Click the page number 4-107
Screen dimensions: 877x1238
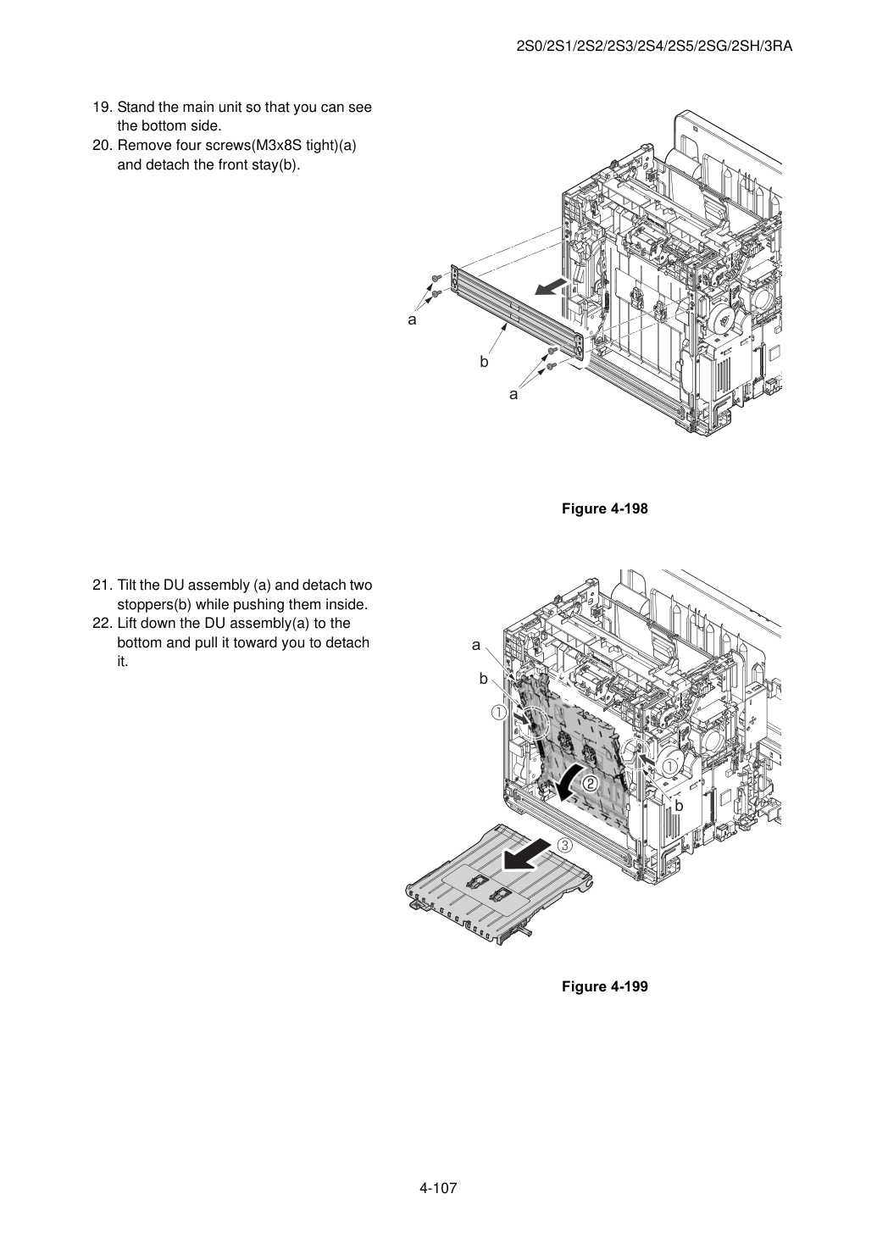point(438,1188)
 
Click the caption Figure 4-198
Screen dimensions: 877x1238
point(604,508)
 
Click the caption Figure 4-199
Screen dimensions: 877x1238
point(604,986)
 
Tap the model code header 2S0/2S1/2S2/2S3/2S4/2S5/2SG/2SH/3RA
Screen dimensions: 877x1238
point(654,47)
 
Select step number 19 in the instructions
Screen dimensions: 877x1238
point(103,107)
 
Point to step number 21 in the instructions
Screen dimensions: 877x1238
point(103,585)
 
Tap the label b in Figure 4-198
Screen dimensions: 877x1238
point(484,362)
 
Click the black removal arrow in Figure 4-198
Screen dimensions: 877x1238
point(552,287)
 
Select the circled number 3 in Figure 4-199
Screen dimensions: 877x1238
point(565,845)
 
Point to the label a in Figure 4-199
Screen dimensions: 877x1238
point(476,645)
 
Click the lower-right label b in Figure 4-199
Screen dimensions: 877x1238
point(680,806)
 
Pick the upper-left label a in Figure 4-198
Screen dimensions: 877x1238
point(412,319)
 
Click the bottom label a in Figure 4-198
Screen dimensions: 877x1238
point(514,395)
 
